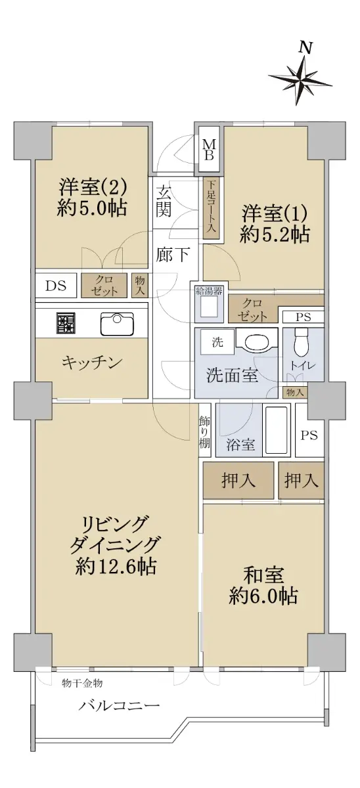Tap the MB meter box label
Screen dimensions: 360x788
209,150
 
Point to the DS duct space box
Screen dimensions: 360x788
56,286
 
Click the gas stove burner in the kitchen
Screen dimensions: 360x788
66,323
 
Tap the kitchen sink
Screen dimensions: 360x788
117,323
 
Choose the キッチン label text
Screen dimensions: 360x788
92,362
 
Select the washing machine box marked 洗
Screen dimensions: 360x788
217,342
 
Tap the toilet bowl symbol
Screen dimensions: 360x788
301,343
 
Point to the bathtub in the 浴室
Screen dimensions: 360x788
277,430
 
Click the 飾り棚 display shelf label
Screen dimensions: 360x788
205,431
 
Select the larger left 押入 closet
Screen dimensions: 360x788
238,481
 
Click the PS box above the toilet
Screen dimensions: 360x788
303,317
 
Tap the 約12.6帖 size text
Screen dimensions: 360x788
116,566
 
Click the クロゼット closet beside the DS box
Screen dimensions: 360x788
104,285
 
